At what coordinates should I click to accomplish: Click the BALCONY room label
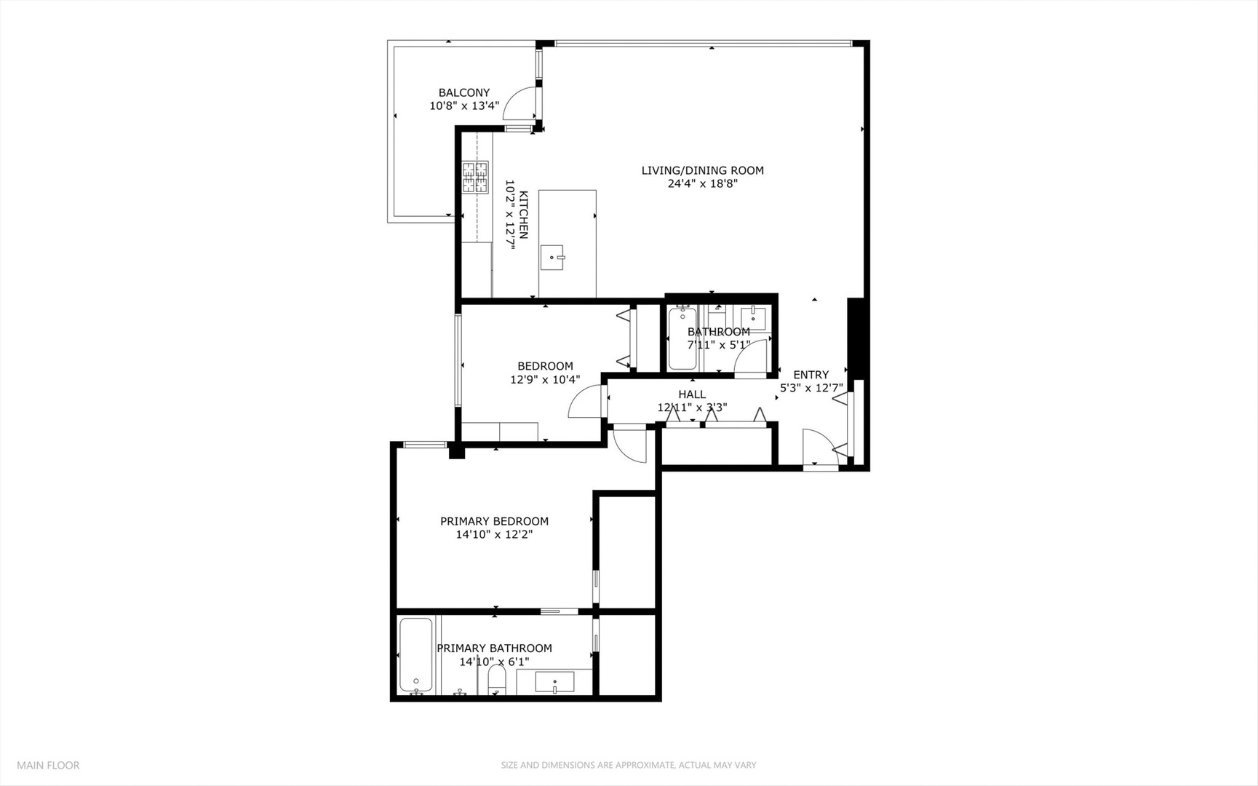click(463, 93)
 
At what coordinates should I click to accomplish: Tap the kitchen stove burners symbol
click(475, 178)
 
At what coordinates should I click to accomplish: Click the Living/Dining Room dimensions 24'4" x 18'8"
click(702, 184)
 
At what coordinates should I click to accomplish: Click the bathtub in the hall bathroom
click(682, 338)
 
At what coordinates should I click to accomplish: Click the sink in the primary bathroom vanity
click(554, 683)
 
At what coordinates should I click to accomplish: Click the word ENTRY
click(811, 375)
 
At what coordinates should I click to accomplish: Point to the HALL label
click(691, 394)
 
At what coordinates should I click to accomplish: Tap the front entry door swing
click(818, 445)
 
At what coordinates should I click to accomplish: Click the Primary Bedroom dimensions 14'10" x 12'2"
click(494, 534)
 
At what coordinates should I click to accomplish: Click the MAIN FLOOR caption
click(48, 765)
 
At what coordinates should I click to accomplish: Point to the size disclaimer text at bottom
click(628, 765)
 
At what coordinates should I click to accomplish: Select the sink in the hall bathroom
click(752, 317)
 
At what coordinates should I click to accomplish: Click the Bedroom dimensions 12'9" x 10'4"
click(545, 379)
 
